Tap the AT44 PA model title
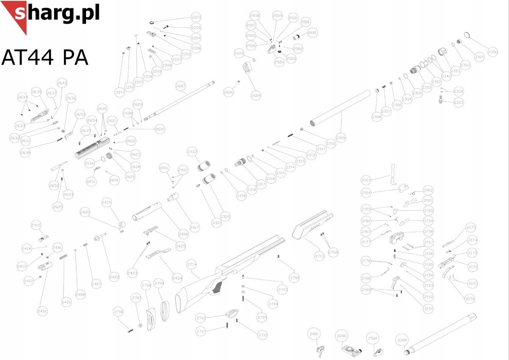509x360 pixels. (45, 57)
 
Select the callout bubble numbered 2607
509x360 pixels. (181, 86)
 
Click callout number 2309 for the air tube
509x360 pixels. (341, 138)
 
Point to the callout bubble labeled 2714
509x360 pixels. (192, 264)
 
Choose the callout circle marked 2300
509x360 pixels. (401, 340)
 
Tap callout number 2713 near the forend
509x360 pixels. (319, 256)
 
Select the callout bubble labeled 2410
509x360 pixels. (42, 311)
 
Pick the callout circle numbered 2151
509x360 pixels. (428, 309)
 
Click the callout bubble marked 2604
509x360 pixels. (256, 96)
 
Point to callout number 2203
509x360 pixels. (196, 17)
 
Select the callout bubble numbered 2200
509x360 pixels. (341, 336)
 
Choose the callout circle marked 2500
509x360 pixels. (372, 338)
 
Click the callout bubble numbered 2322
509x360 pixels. (192, 151)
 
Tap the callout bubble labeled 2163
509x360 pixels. (366, 180)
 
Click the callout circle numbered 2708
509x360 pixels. (294, 278)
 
